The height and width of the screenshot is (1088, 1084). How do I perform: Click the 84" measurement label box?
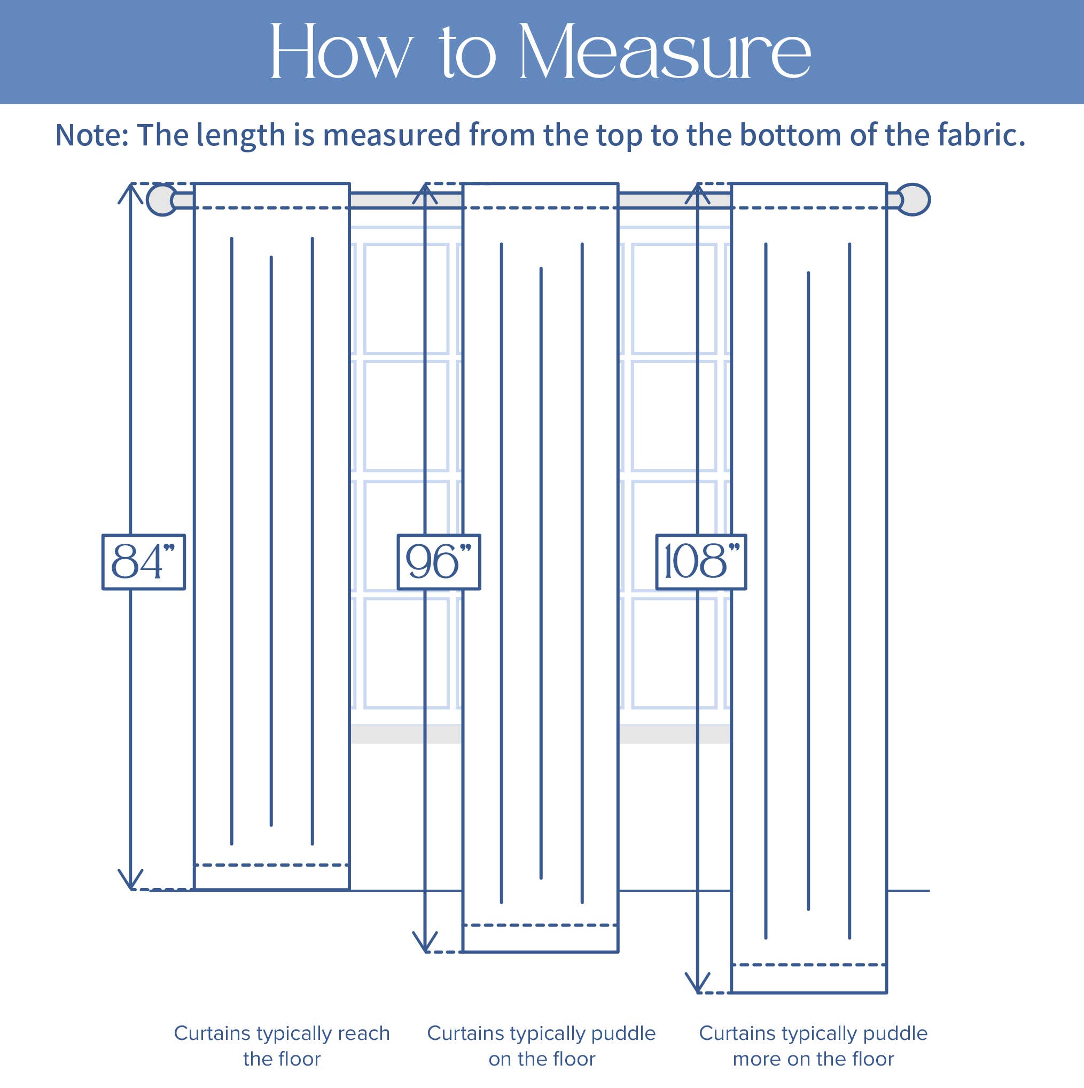pyautogui.click(x=143, y=561)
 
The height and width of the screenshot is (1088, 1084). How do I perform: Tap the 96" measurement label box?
pyautogui.click(x=439, y=561)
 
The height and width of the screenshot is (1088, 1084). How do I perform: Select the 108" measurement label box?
pyautogui.click(x=701, y=561)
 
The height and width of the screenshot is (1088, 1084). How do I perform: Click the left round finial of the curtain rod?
pyautogui.click(x=161, y=199)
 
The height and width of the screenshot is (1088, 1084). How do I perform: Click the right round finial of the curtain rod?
pyautogui.click(x=913, y=199)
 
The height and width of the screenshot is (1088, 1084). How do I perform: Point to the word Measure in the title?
pyautogui.click(x=664, y=52)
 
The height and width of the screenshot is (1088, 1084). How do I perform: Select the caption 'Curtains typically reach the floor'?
pyautogui.click(x=282, y=1046)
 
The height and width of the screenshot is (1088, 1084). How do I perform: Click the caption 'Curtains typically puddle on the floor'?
pyautogui.click(x=541, y=1046)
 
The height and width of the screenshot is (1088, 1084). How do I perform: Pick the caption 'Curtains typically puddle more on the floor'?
pyautogui.click(x=813, y=1046)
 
